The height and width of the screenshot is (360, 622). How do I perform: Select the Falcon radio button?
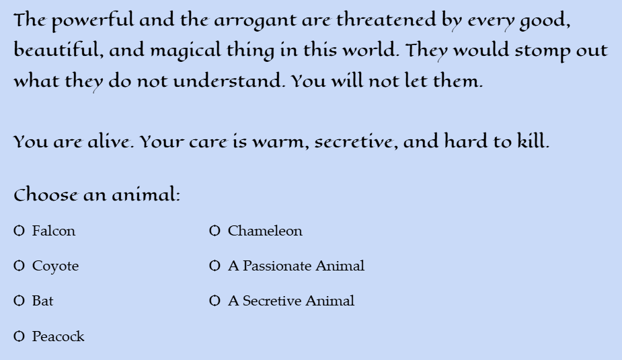(19, 231)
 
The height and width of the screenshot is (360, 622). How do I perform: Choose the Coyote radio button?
(19, 266)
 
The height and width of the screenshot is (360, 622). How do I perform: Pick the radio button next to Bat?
(19, 301)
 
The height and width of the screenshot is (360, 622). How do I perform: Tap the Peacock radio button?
(19, 336)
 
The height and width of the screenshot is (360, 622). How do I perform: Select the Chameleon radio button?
(215, 231)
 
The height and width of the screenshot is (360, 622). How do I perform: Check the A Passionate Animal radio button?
(215, 266)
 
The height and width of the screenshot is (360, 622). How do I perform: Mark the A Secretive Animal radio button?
(215, 301)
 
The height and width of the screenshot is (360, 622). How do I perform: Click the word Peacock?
(59, 336)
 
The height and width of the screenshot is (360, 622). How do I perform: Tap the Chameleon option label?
(265, 231)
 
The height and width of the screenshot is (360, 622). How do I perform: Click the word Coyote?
(56, 266)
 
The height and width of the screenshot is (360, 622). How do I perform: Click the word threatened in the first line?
(386, 20)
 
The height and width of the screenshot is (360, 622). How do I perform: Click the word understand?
(228, 81)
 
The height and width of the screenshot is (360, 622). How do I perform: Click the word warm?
(280, 142)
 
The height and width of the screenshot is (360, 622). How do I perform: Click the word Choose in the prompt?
(46, 194)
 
